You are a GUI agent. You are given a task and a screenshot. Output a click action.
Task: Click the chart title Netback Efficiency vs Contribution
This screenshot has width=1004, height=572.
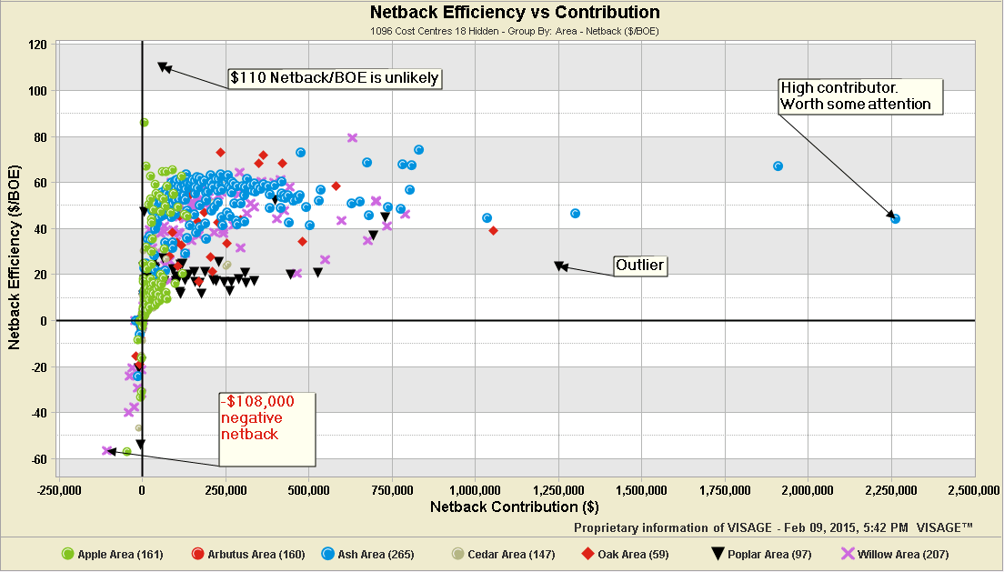(514, 13)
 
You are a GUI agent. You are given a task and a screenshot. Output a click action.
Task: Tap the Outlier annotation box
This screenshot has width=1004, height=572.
(639, 266)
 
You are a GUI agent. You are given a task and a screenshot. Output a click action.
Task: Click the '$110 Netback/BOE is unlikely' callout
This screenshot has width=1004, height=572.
(335, 78)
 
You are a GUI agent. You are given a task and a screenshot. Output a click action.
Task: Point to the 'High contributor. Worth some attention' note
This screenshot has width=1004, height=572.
(859, 95)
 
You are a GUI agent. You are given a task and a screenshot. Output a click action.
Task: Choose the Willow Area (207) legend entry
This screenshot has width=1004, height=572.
(874, 553)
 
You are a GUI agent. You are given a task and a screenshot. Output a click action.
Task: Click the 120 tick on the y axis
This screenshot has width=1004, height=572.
(37, 45)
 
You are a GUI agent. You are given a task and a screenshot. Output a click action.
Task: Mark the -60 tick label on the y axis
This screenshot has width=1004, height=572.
(37, 459)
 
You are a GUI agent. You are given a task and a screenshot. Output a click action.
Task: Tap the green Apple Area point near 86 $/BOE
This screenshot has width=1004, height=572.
(144, 122)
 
